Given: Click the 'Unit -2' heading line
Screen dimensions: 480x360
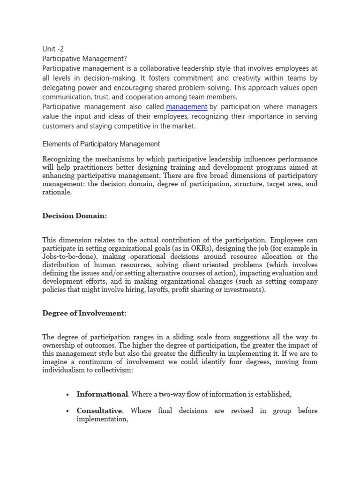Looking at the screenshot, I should tap(52, 48).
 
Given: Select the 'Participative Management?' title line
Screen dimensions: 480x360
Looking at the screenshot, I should tap(84, 59).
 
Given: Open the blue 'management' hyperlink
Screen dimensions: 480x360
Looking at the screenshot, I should tap(187, 107).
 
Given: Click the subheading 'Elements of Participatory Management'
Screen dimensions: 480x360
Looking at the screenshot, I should tap(101, 144).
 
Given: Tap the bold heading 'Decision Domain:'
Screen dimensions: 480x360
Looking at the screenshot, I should tap(75, 216).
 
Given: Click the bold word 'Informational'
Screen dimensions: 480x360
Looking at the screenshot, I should tap(102, 394).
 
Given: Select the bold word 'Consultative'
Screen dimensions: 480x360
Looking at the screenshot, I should tap(99, 411).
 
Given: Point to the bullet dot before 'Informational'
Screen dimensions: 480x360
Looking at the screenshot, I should tap(68, 395).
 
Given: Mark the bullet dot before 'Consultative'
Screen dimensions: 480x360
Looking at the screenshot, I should tap(68, 411).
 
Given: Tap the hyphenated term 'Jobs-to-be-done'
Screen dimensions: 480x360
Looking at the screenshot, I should tap(68, 257).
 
